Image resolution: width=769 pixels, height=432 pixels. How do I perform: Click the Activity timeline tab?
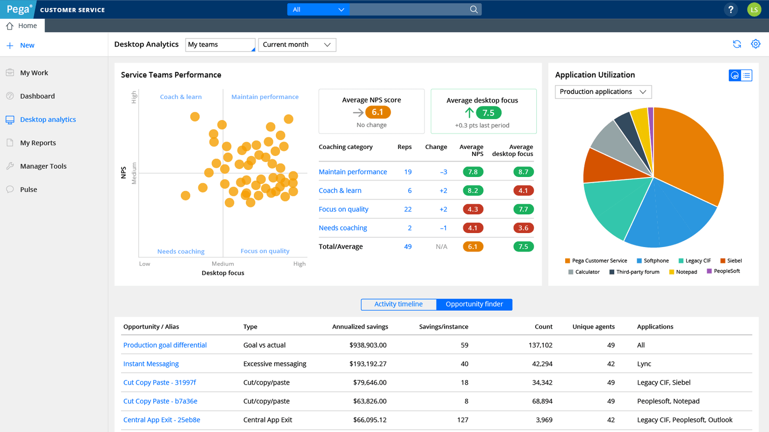point(399,304)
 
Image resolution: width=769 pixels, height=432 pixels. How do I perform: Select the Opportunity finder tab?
point(474,304)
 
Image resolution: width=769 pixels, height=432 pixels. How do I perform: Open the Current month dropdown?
point(297,44)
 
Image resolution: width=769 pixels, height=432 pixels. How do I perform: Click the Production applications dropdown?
point(603,91)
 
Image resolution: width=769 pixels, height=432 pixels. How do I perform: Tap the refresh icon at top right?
point(737,44)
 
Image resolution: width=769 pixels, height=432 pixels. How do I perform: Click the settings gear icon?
point(755,44)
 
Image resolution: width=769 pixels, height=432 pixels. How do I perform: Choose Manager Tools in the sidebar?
point(43,166)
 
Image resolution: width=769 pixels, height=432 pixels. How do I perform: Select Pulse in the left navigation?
point(29,189)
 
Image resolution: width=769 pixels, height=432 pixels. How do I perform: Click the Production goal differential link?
point(165,345)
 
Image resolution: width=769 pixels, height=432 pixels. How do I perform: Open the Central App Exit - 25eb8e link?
point(162,420)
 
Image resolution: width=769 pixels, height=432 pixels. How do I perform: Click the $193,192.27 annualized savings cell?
point(368,364)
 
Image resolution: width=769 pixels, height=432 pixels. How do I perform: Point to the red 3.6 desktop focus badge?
point(523,228)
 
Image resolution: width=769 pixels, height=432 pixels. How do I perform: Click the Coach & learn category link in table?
point(340,190)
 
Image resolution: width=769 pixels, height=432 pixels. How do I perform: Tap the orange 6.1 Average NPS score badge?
point(377,112)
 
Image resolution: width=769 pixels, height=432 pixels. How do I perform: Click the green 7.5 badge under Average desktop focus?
point(488,113)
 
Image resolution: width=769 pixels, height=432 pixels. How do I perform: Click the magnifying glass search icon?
point(474,9)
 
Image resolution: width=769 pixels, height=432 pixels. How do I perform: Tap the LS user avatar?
point(754,9)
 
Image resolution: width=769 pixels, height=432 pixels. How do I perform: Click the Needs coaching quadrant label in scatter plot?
point(181,251)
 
